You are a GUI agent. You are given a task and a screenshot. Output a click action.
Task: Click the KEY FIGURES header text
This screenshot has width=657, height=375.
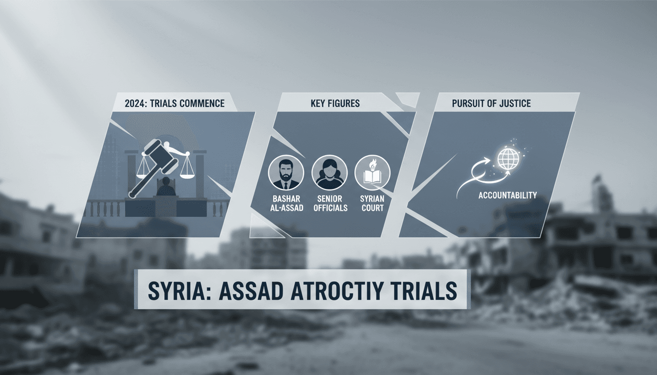click(335, 104)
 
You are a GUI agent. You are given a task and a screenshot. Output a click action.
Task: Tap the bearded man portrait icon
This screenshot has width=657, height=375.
click(286, 172)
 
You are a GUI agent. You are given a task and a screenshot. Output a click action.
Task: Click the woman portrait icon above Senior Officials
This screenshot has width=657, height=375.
click(329, 172)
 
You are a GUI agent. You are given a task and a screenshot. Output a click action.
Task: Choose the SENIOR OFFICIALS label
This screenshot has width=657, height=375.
click(329, 204)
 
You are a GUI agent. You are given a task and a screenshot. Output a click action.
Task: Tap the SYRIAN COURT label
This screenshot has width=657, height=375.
click(372, 204)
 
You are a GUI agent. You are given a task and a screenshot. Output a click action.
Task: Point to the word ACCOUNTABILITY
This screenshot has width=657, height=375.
click(508, 195)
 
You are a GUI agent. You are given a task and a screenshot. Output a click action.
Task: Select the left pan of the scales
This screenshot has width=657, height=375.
click(143, 173)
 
